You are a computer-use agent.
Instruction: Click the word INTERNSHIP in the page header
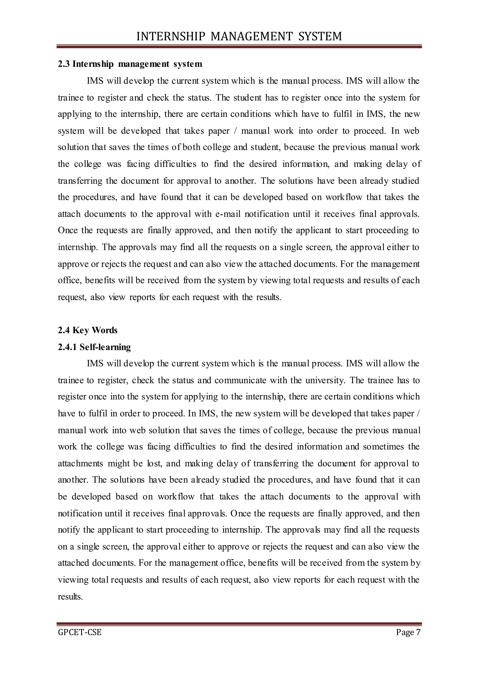point(171,36)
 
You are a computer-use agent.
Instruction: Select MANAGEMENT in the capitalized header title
point(252,36)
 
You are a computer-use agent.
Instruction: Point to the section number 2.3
point(63,64)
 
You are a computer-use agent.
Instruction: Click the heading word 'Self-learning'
point(105,347)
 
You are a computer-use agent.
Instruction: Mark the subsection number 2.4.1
point(67,347)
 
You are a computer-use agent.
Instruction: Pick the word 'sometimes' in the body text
point(383,447)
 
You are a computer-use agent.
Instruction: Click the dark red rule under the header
point(239,46)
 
